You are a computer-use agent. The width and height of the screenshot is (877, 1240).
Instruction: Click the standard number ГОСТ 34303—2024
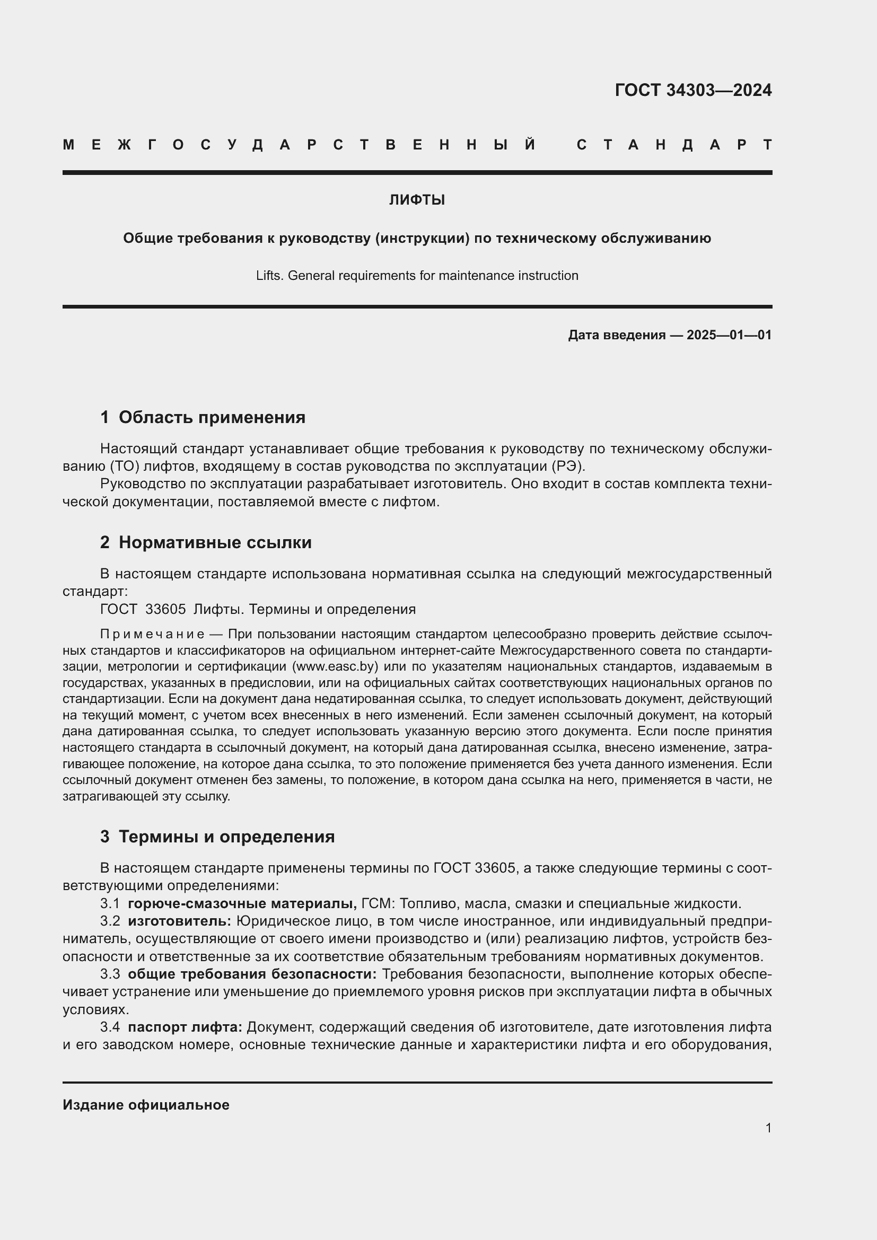[x=693, y=90]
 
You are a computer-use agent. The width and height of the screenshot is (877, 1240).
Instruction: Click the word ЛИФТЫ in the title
[x=417, y=200]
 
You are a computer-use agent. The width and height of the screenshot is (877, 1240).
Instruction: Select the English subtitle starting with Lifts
[x=417, y=276]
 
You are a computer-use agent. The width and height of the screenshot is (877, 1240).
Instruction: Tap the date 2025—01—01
[x=729, y=335]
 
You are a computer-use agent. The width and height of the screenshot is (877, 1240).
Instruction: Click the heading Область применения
[x=212, y=417]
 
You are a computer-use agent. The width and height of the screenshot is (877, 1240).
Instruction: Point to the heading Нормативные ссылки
[x=215, y=542]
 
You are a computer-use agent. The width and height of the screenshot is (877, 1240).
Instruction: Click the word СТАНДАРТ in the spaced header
[x=674, y=145]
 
